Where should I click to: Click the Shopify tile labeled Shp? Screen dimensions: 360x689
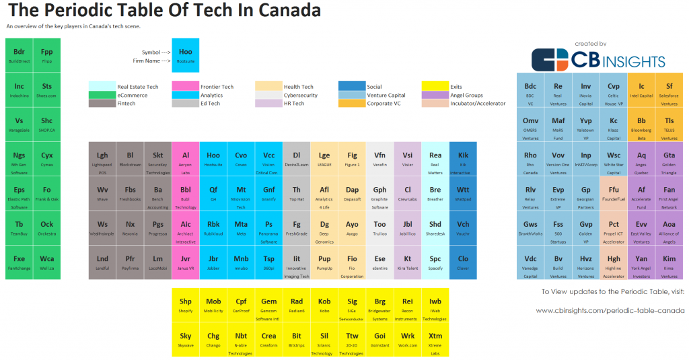tap(185, 305)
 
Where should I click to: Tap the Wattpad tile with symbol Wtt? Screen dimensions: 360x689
tap(463, 193)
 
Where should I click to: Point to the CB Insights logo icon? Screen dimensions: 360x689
tap(550, 60)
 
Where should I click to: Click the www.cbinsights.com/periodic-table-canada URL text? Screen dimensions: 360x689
tap(610, 310)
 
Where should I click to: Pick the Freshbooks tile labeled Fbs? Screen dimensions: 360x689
tap(130, 193)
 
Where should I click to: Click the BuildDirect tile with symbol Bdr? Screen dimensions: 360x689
tap(19, 55)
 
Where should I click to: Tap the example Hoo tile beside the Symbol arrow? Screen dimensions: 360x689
tap(185, 55)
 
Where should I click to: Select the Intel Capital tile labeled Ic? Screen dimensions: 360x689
tap(641, 89)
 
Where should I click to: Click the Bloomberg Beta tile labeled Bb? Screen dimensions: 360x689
tap(641, 124)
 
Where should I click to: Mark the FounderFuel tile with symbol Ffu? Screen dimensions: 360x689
tap(614, 193)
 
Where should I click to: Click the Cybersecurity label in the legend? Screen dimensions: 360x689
tap(299, 96)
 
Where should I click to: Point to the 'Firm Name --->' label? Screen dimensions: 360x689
tap(151, 61)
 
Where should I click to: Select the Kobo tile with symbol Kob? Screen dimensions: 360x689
tap(324, 305)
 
